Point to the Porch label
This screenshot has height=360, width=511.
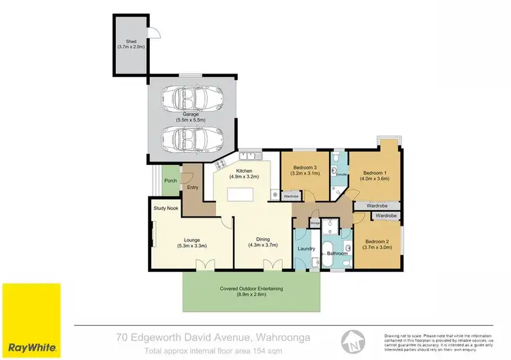170,181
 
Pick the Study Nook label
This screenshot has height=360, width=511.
166,208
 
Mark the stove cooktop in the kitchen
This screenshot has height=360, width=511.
223,164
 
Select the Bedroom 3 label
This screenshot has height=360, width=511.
306,170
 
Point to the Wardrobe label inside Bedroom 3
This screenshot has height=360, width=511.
292,196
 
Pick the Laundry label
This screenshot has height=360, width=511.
306,249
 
